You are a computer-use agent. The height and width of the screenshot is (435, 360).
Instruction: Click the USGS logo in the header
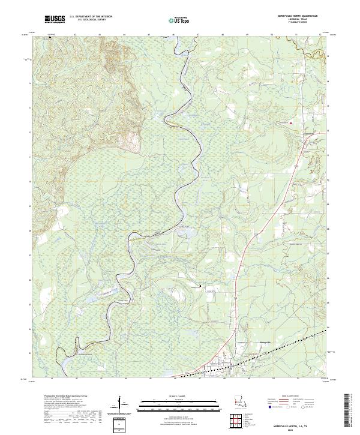[x=55, y=19]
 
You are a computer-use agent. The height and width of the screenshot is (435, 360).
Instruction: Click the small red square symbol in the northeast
[x=291, y=124]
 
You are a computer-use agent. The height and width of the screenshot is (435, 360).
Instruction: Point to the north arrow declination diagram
[x=122, y=404]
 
